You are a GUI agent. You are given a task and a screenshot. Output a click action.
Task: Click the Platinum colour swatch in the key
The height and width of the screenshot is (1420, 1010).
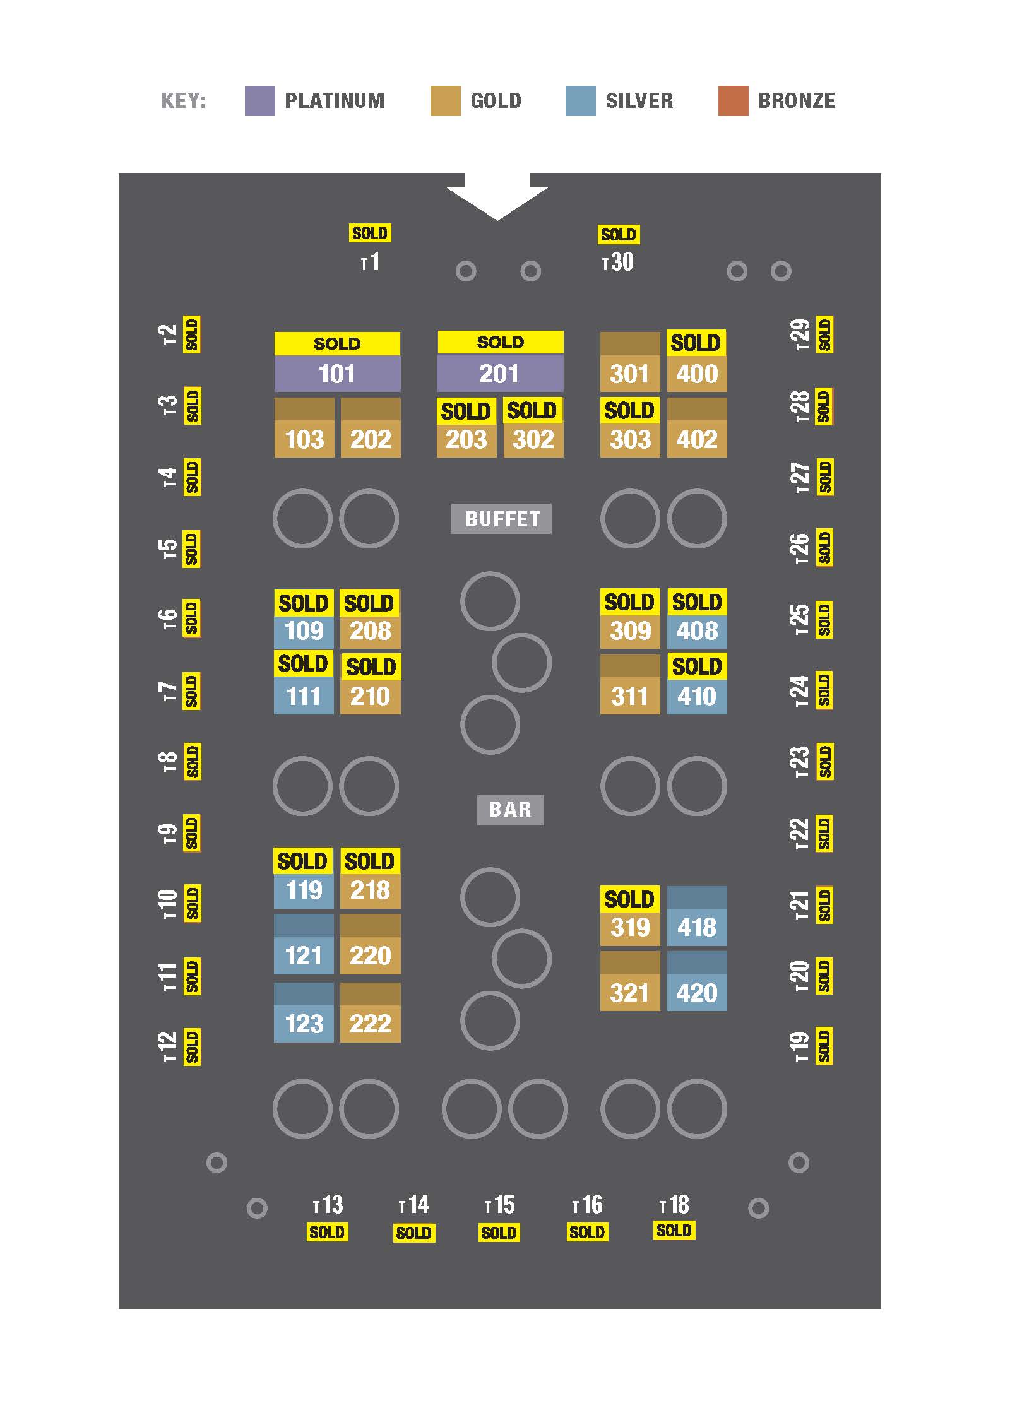(x=259, y=101)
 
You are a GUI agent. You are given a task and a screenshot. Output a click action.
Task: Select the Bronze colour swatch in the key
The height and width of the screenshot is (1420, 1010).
(x=733, y=101)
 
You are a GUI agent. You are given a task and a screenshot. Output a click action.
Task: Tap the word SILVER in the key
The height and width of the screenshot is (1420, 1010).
(x=639, y=101)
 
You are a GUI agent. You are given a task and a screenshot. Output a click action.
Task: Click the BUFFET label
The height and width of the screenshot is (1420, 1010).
(x=501, y=519)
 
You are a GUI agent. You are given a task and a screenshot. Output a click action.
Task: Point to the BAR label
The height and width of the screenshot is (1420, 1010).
(x=510, y=809)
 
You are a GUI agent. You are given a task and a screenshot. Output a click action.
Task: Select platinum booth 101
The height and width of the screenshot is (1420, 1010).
(x=337, y=374)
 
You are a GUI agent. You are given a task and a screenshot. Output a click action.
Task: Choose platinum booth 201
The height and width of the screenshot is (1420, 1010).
(x=500, y=374)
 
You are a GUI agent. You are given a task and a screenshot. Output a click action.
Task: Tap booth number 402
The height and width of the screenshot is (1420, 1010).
(x=697, y=439)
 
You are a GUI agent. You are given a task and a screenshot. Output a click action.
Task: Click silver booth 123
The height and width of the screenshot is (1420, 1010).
(x=304, y=1023)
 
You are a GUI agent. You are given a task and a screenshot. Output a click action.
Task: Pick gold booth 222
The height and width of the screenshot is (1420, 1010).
(x=370, y=1023)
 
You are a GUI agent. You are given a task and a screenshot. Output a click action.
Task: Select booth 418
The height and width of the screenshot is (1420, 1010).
(x=697, y=927)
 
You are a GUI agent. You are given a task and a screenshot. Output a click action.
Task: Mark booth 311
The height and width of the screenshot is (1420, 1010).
(x=630, y=696)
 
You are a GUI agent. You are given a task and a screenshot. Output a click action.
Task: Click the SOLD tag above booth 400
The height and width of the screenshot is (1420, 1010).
(x=696, y=343)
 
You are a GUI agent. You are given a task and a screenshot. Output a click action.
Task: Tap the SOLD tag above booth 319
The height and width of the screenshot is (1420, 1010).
(x=629, y=899)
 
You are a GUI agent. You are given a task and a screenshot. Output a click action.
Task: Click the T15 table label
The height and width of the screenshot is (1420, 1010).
(x=499, y=1205)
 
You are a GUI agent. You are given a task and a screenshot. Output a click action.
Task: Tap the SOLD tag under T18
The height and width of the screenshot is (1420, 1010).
(x=674, y=1230)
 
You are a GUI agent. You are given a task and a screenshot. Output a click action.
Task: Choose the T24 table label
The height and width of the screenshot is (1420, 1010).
(x=799, y=690)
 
